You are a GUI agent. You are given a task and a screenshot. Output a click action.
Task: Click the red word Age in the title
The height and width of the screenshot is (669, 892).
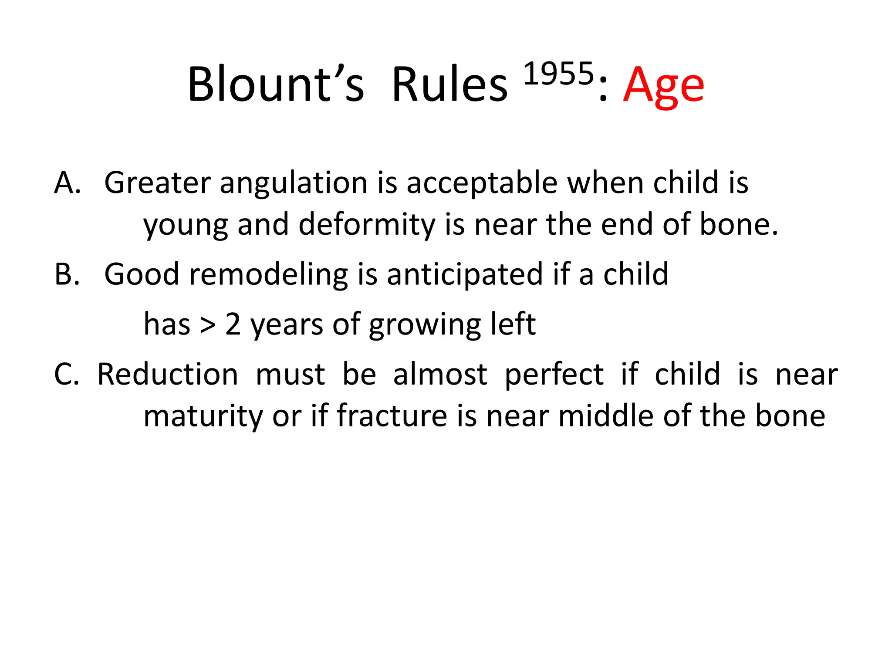click(663, 86)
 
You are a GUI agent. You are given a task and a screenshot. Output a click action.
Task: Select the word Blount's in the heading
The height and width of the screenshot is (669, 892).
click(275, 84)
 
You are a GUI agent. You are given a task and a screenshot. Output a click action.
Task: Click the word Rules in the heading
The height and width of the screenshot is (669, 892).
click(449, 84)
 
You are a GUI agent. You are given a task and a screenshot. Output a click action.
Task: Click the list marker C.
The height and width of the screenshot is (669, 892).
click(67, 375)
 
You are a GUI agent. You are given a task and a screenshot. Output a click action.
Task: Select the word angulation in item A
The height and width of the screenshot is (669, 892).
click(294, 183)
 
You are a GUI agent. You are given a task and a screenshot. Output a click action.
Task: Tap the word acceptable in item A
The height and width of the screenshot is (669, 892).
click(482, 183)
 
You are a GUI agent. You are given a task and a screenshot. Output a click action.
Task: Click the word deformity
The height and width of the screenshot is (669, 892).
click(367, 225)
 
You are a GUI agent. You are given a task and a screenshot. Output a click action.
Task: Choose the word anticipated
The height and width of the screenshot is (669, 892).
click(465, 275)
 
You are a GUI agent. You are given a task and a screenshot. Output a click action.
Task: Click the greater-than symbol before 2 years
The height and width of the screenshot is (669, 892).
click(208, 325)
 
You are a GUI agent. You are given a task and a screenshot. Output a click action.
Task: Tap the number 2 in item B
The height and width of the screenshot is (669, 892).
click(233, 324)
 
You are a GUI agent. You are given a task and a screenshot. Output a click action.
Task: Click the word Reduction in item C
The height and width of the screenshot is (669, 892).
click(167, 375)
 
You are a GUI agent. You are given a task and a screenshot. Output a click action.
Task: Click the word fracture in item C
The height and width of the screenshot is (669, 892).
click(392, 416)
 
